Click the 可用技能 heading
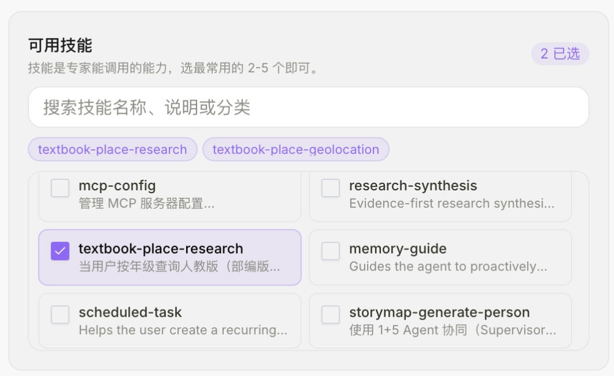tap(60, 45)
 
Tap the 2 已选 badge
tap(560, 54)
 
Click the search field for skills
tap(308, 107)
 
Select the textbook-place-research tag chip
tap(112, 149)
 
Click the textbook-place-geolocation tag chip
tap(296, 149)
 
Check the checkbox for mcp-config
tap(60, 188)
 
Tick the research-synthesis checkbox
tap(330, 188)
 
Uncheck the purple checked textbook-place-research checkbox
tap(60, 251)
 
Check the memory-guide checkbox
tap(330, 251)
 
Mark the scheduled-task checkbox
tap(60, 314)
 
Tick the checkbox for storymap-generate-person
tap(330, 314)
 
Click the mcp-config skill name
tap(117, 186)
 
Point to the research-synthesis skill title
tap(413, 186)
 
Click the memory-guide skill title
tap(398, 249)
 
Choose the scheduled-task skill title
tap(130, 312)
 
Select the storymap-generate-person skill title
tap(439, 313)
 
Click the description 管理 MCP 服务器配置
tap(147, 204)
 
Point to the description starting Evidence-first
tap(452, 204)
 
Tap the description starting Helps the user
tap(183, 330)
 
